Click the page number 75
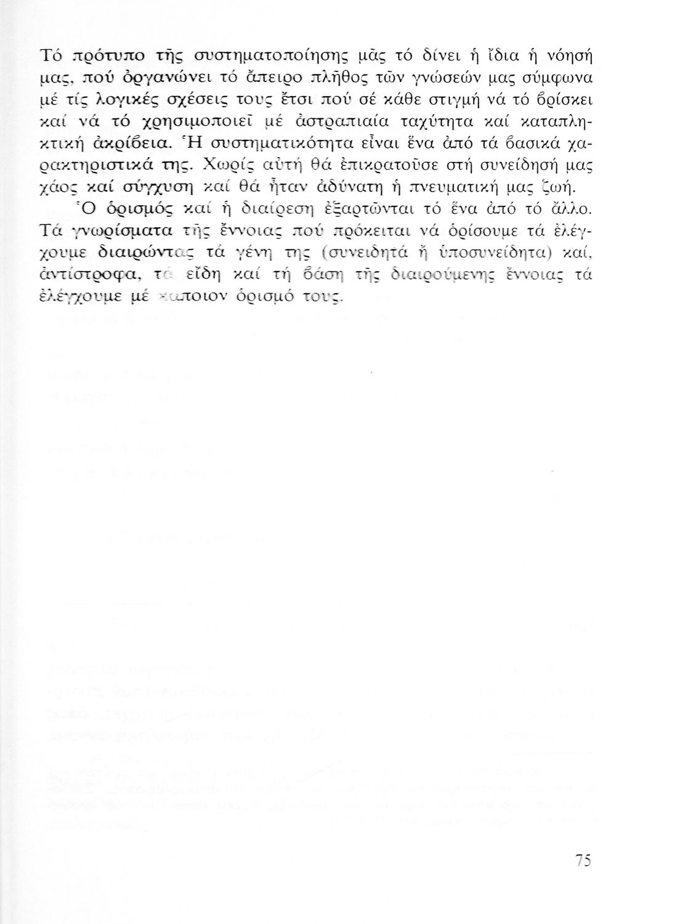pyautogui.click(x=583, y=860)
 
